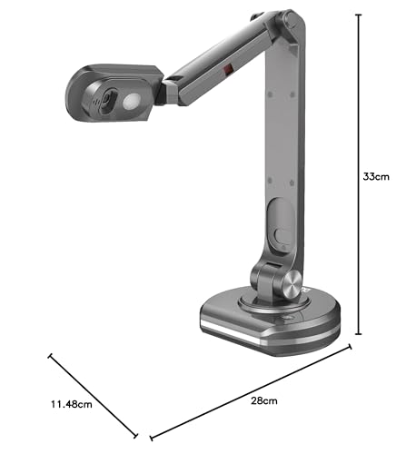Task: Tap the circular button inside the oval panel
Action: (282, 241)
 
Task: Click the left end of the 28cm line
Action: (151, 439)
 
